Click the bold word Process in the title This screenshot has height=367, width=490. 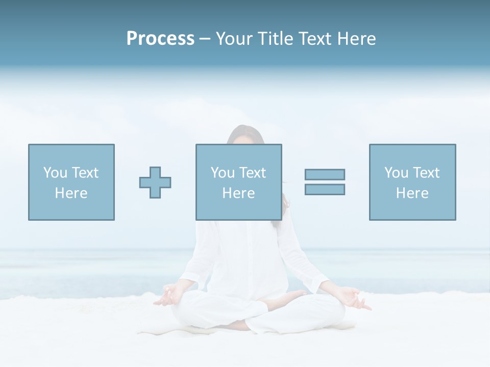point(160,39)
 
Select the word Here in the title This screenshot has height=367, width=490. point(356,39)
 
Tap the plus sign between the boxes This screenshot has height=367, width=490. point(155,182)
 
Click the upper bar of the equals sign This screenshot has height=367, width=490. point(325,175)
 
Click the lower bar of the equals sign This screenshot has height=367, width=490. point(325,190)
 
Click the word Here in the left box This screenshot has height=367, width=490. point(71,193)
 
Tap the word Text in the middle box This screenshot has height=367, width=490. point(253,173)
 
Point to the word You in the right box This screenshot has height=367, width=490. point(396,173)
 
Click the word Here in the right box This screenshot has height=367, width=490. point(412,193)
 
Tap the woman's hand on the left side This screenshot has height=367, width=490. point(166,297)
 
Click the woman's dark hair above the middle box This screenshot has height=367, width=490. point(245,135)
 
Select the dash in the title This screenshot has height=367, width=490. point(205,39)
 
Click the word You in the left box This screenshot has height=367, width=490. point(55,173)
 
